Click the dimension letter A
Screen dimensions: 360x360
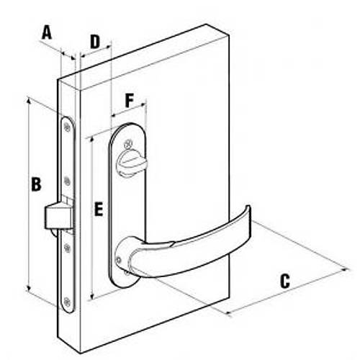[x=47, y=33]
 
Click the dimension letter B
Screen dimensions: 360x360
[x=36, y=184]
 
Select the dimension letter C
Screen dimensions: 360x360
[x=285, y=281]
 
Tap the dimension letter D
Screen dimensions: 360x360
[x=95, y=42]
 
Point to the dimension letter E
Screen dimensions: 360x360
[x=99, y=209]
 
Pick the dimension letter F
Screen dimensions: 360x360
[x=129, y=101]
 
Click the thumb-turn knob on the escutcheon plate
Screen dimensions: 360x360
[x=131, y=163]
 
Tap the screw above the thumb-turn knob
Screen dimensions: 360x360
[x=128, y=144]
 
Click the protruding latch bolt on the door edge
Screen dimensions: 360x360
[x=59, y=215]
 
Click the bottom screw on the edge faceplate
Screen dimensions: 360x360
[x=67, y=302]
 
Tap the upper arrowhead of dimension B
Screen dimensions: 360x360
[x=29, y=100]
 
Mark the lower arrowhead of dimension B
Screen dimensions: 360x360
[x=29, y=289]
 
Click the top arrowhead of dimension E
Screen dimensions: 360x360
[x=92, y=139]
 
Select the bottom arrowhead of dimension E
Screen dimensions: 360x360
[x=92, y=296]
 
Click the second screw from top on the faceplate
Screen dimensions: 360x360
[x=68, y=181]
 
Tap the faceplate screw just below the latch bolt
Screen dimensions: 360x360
[x=68, y=248]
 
